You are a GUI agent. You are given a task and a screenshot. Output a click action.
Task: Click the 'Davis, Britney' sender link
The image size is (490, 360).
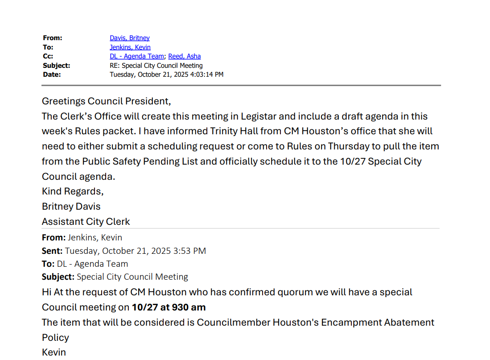130,38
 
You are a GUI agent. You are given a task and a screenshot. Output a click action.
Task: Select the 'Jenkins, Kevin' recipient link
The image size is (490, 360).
130,47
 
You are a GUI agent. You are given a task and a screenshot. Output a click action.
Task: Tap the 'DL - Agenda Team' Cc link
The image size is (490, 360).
137,56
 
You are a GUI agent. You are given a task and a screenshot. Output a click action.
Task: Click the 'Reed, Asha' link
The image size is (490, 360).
185,56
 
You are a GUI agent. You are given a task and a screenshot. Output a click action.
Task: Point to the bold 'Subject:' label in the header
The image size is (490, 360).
57,66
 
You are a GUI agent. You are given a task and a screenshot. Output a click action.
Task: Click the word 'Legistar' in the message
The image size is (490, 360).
259,116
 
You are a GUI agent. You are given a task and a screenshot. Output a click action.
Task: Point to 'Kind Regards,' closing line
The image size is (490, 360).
73,191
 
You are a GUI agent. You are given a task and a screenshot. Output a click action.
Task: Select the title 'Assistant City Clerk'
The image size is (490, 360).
86,221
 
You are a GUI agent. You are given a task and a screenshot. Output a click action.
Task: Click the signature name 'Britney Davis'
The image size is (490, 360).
71,207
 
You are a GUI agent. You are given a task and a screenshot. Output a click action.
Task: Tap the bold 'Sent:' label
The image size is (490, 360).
52,251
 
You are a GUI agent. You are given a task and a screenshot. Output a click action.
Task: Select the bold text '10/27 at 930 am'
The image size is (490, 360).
169,307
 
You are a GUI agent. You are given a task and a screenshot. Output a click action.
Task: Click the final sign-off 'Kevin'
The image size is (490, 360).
54,352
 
